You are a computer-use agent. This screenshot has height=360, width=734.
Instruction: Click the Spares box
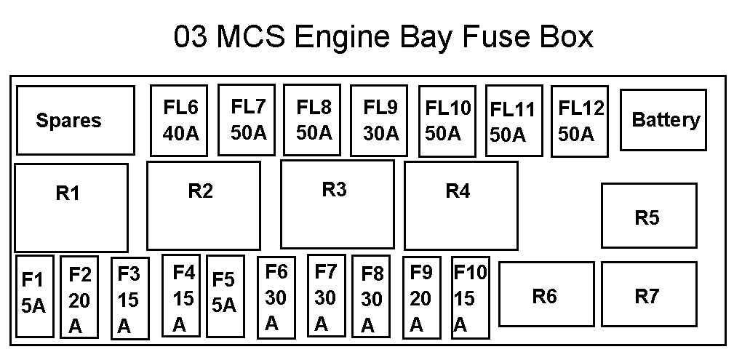click(76, 120)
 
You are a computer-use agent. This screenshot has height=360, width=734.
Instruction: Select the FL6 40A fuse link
click(179, 120)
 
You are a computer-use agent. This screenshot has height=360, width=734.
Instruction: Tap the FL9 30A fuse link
click(379, 120)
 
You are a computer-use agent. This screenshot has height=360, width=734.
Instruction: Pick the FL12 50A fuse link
click(580, 121)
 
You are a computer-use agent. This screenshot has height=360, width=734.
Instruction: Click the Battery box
click(663, 120)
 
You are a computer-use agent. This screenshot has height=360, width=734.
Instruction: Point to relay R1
click(71, 208)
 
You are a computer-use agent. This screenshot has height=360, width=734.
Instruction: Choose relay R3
click(338, 204)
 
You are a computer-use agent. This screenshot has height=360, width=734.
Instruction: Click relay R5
click(650, 215)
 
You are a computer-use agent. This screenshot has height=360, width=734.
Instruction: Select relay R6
click(547, 294)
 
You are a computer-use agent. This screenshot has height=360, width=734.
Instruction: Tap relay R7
click(650, 294)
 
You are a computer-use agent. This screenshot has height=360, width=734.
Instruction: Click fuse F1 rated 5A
click(35, 296)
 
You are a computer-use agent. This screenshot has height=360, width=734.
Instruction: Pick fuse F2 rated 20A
click(79, 297)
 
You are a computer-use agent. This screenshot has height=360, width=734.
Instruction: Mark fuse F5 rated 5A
click(226, 296)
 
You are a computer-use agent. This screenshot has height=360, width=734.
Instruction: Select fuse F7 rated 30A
click(327, 296)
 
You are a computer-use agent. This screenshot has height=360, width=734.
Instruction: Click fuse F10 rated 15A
click(471, 297)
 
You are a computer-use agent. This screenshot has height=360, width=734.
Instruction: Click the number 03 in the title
click(191, 37)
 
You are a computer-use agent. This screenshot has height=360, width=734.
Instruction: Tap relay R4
click(461, 206)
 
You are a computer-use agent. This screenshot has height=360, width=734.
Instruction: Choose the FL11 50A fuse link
click(514, 121)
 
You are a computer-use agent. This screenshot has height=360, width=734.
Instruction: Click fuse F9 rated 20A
click(422, 297)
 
